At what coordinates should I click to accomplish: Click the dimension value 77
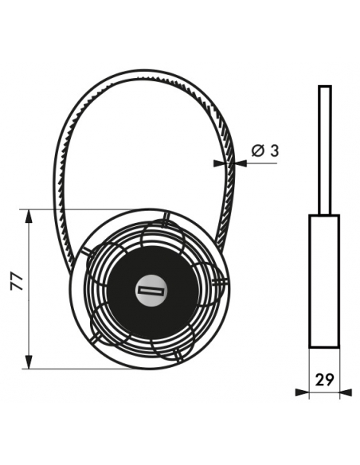pyautogui.click(x=17, y=281)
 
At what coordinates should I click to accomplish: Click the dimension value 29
pyautogui.click(x=324, y=379)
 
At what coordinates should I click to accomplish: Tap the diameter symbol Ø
pyautogui.click(x=258, y=150)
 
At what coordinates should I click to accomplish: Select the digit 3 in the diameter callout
pyautogui.click(x=275, y=150)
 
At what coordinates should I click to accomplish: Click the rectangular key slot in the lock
pyautogui.click(x=151, y=291)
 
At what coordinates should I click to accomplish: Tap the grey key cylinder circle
pyautogui.click(x=151, y=291)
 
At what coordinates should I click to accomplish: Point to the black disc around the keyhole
pyautogui.click(x=151, y=291)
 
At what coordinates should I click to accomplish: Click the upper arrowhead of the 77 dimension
pyautogui.click(x=29, y=217)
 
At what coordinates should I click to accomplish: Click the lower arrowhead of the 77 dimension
pyautogui.click(x=29, y=361)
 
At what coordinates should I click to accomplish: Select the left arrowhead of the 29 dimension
pyautogui.click(x=303, y=393)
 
